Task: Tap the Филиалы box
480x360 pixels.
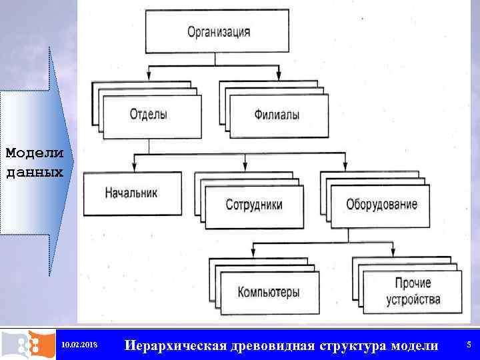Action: [277, 115]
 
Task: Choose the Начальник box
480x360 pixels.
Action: [131, 193]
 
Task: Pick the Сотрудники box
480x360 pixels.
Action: [254, 204]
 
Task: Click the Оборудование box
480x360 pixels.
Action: [382, 204]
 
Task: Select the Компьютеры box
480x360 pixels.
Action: [269, 292]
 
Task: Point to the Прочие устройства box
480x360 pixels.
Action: [413, 292]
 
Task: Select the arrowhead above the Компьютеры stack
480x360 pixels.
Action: [254, 253]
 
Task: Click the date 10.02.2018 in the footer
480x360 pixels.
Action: [79, 345]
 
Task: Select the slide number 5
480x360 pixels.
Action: [469, 345]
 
